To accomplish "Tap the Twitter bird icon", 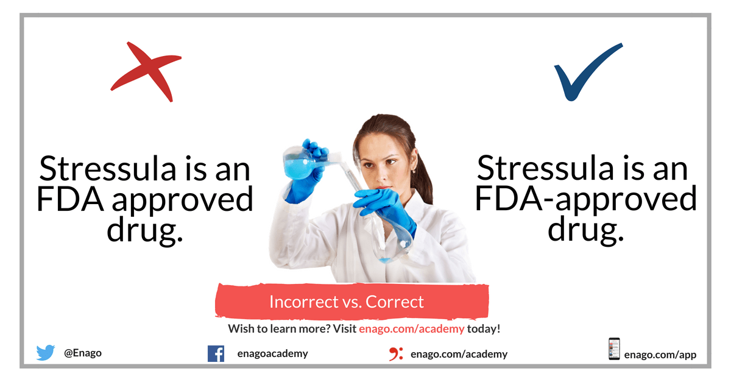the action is [x=45, y=352].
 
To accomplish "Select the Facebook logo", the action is [x=216, y=353].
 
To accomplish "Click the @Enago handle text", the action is [x=83, y=353].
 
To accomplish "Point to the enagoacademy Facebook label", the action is [x=272, y=353].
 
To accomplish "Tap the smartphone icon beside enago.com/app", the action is [x=614, y=348].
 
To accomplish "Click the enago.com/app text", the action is [x=660, y=355].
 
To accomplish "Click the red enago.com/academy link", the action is [x=412, y=329].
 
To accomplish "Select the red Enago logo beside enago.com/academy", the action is [x=396, y=354].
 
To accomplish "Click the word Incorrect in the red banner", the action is [x=304, y=302].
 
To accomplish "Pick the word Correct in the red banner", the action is [x=395, y=302].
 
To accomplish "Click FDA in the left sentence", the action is [x=69, y=199].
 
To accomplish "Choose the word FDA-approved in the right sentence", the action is [x=586, y=199].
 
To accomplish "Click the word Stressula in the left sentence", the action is [x=108, y=169].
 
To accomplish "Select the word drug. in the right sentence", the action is [x=586, y=228].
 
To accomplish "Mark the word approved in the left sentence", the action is [x=183, y=200].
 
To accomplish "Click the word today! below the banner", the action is [x=484, y=329].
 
